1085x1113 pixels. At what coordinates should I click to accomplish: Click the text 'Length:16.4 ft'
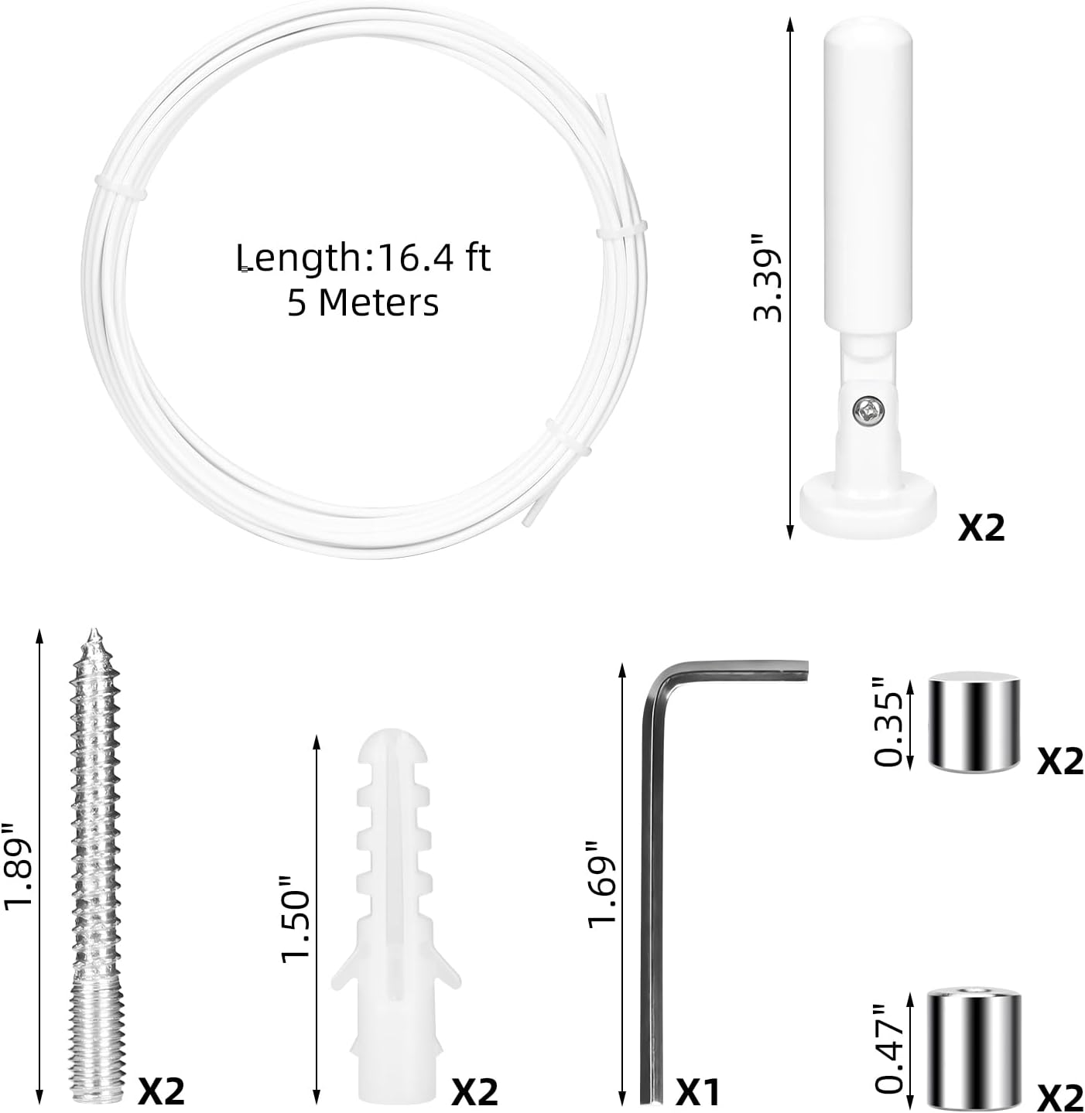[363, 257]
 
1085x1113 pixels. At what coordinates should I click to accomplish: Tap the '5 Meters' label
[363, 302]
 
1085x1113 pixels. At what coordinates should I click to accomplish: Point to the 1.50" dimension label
[296, 920]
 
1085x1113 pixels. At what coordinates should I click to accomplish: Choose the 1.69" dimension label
[602, 883]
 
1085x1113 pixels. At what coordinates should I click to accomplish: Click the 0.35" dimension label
[888, 722]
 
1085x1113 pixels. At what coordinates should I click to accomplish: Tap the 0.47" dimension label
[888, 1048]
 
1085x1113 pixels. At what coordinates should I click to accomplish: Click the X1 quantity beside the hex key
[698, 1093]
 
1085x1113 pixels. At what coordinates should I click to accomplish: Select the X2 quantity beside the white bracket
[981, 527]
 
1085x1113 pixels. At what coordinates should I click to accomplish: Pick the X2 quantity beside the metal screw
[162, 1091]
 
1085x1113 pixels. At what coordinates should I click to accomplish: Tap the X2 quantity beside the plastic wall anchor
[474, 1092]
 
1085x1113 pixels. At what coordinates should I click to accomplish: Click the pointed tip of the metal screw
[94, 637]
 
